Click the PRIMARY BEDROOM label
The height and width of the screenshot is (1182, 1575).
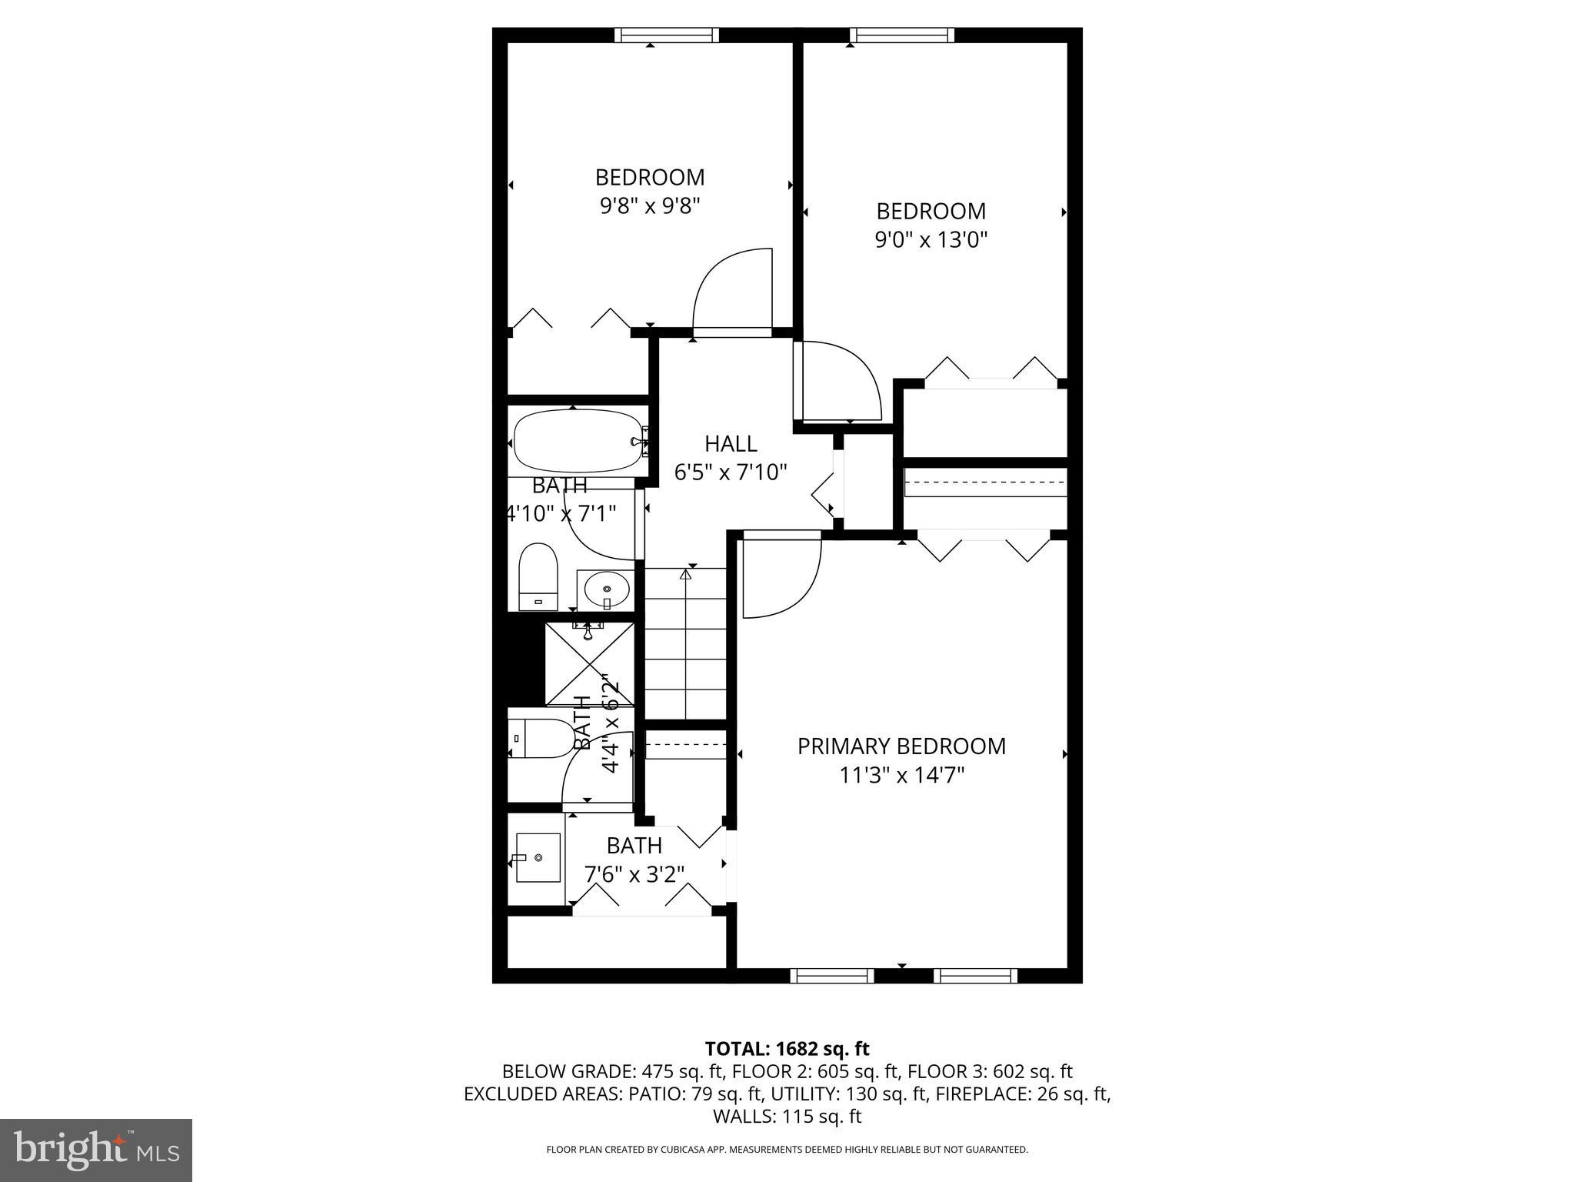901,746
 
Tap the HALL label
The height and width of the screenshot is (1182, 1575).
731,443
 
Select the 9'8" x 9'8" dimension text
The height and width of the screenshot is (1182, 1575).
650,206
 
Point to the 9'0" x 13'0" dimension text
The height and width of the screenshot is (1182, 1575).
931,240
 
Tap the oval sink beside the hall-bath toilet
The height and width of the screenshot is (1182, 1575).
606,590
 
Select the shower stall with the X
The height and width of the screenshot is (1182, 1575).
590,664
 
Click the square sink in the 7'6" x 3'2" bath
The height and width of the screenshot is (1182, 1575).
538,857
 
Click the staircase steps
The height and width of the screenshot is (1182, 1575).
685,646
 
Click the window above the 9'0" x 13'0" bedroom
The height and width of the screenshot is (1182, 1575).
902,35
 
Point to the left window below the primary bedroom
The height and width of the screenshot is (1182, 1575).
832,976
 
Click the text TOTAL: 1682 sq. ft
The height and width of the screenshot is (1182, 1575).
787,1049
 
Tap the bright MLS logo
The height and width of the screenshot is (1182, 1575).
96,1150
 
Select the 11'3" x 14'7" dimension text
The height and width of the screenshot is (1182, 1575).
901,775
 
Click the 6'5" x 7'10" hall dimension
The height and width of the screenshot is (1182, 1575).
731,472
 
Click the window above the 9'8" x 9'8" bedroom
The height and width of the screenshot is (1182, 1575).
667,35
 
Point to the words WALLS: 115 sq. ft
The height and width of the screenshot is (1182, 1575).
787,1117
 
